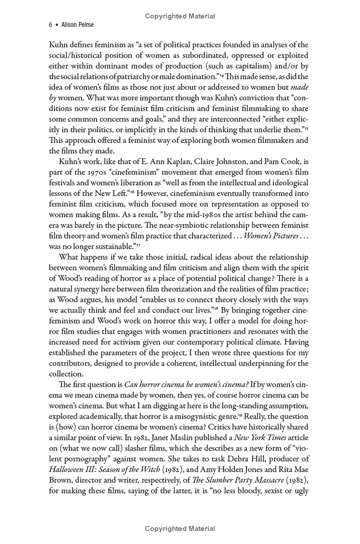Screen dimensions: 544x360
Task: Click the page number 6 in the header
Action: pyautogui.click(x=50, y=25)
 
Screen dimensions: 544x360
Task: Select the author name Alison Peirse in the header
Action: pyautogui.click(x=77, y=25)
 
